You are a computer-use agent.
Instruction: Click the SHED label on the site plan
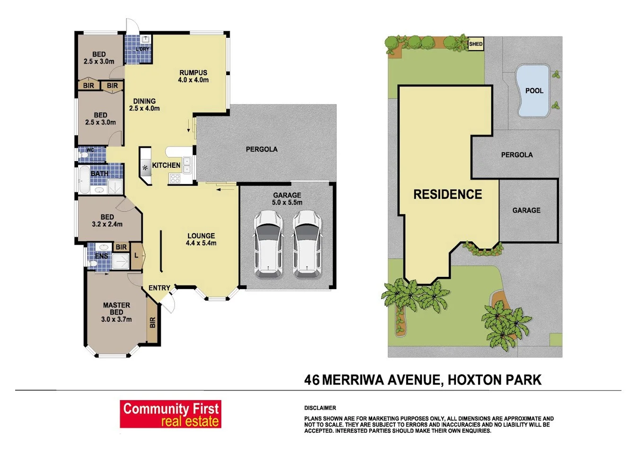click(476, 44)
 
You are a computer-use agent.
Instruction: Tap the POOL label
click(534, 91)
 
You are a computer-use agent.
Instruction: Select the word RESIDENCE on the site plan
click(447, 194)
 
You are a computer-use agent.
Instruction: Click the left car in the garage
click(268, 244)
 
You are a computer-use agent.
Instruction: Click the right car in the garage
click(306, 244)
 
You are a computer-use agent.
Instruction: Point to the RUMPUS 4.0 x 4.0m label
click(193, 76)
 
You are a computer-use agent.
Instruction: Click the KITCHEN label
click(166, 165)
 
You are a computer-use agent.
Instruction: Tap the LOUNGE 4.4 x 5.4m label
click(201, 239)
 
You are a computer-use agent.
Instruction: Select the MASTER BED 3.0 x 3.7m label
click(116, 312)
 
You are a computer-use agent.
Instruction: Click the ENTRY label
click(159, 288)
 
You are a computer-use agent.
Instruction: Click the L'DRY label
click(142, 49)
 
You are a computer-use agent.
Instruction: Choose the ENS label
click(101, 256)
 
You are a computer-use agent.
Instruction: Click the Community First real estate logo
click(171, 414)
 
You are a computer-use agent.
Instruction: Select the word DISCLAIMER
click(320, 408)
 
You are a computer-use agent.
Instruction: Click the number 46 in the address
click(312, 380)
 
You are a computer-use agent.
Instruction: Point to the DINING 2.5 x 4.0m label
click(144, 104)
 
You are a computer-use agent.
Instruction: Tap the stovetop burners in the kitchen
click(175, 179)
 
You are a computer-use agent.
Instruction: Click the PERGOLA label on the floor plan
click(262, 149)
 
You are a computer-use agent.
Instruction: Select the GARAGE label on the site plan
click(526, 210)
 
